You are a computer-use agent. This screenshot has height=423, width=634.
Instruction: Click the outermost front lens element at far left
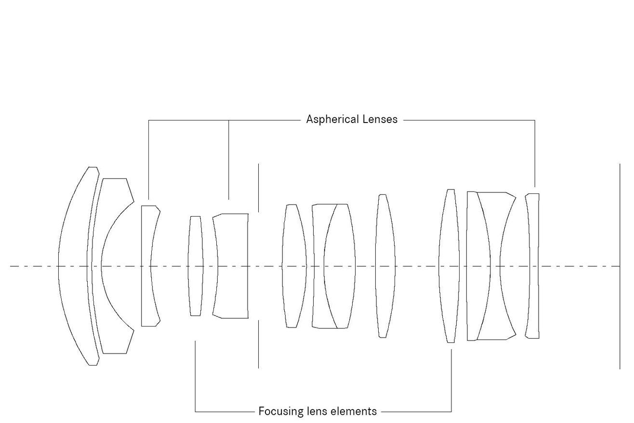click(74, 266)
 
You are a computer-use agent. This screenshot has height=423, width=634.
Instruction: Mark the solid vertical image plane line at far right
click(620, 266)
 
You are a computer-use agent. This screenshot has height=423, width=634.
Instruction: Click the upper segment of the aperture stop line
click(258, 188)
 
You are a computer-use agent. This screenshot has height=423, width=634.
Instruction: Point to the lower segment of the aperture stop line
click(258, 344)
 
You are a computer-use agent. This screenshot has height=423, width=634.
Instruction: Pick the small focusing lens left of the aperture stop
click(196, 266)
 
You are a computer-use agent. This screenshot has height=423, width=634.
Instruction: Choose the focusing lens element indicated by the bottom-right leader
click(449, 266)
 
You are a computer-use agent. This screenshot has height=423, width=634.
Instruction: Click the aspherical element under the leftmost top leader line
click(146, 266)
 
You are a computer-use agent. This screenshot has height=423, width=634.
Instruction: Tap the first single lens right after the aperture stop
click(294, 266)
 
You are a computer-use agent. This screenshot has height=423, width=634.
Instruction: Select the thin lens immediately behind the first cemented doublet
click(385, 266)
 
